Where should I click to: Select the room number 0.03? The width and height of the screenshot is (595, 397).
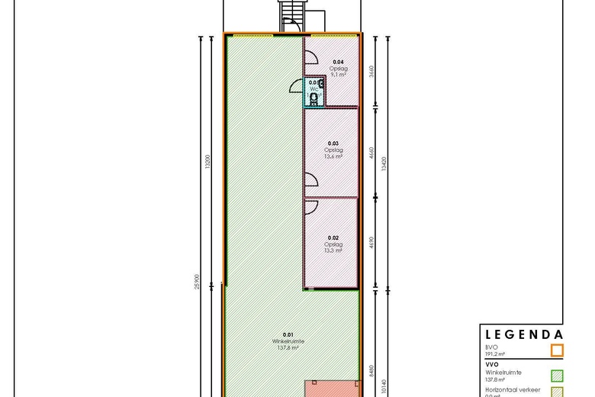[x=333, y=143]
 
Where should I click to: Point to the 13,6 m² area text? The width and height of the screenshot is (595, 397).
[x=333, y=156]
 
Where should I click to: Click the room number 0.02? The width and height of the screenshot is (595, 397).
[x=333, y=237]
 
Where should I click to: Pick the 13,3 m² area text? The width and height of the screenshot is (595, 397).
[x=333, y=250]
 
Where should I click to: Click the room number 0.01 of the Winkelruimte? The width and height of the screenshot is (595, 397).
[x=288, y=334]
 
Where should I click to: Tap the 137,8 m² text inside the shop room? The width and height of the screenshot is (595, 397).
[x=288, y=347]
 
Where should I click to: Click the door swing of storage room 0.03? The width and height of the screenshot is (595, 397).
[x=310, y=179]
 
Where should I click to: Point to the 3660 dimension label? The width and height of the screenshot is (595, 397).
[x=371, y=72]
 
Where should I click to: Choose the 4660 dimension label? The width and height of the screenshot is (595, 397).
[x=371, y=155]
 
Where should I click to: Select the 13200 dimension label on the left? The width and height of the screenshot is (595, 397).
[x=207, y=163]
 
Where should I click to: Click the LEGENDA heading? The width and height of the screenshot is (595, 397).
[x=523, y=334]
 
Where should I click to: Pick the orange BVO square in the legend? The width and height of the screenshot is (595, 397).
[x=557, y=351]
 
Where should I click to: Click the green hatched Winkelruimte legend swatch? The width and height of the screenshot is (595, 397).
[x=557, y=374]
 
